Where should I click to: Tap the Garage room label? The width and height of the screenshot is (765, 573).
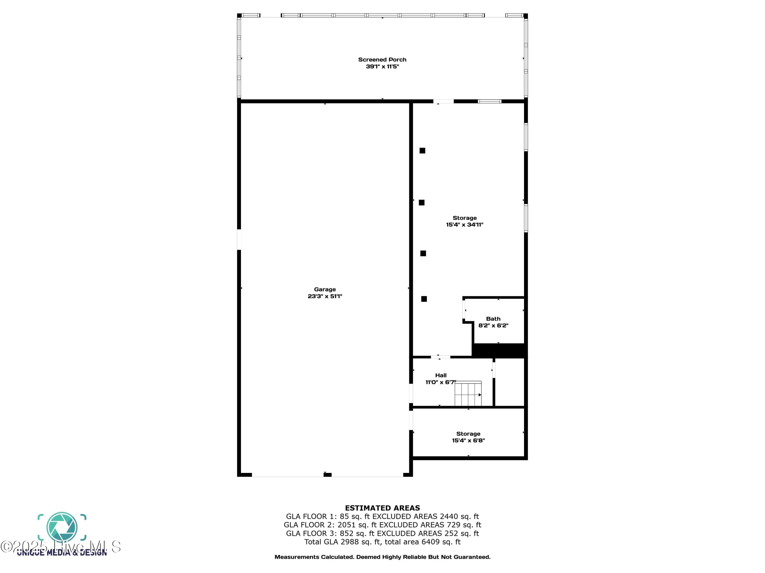point(325,290)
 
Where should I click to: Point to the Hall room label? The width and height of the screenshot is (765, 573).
point(441,375)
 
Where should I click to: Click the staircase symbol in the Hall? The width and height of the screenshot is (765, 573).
point(468,393)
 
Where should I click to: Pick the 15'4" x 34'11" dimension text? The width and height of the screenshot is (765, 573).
point(464,225)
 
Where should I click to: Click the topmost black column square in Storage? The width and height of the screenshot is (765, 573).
point(422,151)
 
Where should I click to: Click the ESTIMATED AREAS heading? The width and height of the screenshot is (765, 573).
point(382,508)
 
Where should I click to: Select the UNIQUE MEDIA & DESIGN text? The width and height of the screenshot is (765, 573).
point(62,553)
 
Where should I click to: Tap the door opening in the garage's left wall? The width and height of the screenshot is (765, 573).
point(239,239)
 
